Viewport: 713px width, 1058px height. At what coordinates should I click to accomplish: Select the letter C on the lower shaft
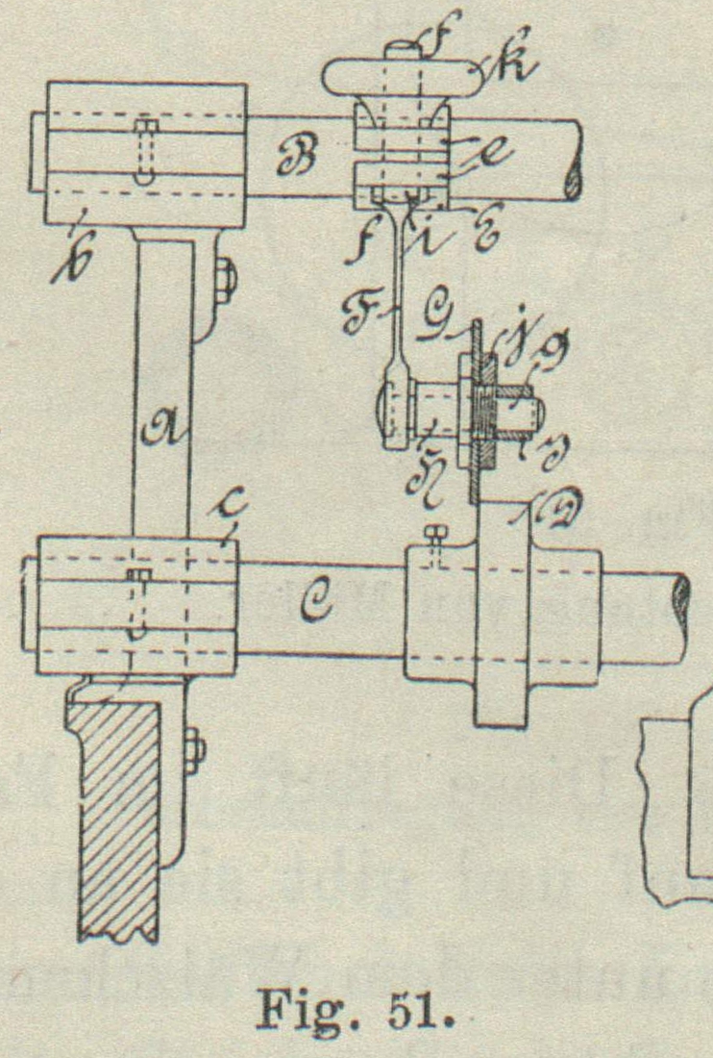[x=313, y=608]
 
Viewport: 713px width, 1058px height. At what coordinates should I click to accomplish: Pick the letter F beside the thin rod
[x=362, y=314]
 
